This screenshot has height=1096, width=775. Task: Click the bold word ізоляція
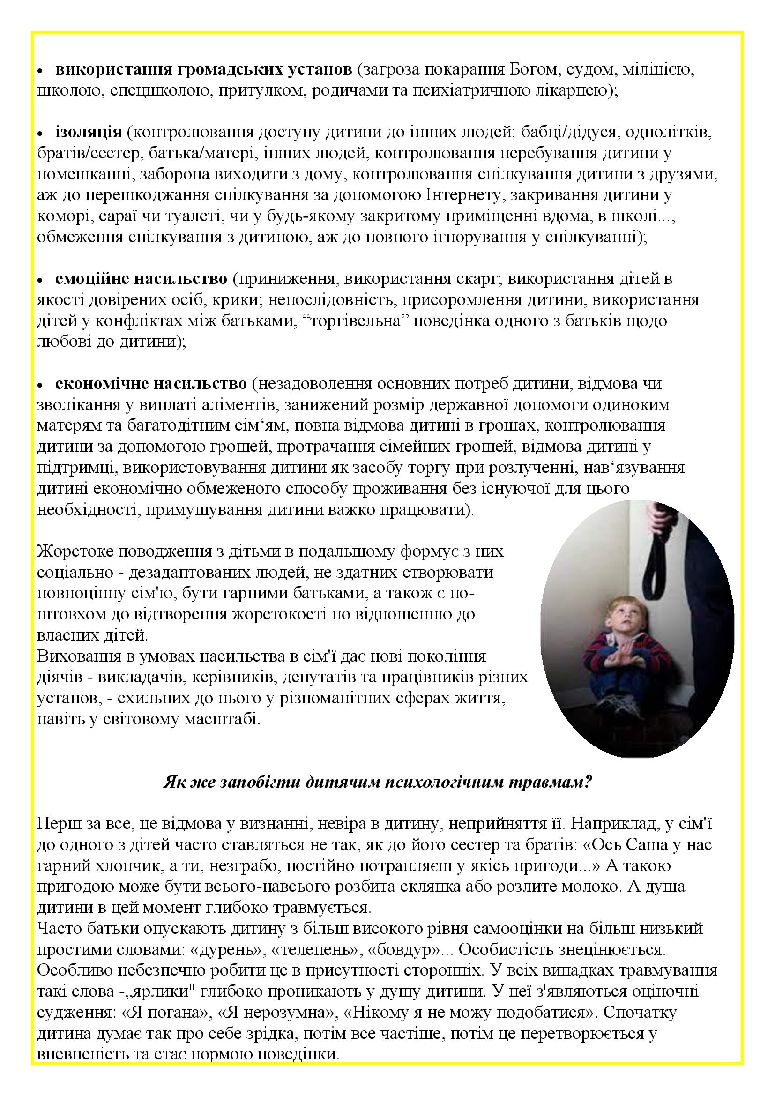89,132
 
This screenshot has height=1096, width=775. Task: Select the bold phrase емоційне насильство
141,278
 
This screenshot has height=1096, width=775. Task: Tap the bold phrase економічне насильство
151,383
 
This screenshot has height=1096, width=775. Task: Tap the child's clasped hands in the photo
619,655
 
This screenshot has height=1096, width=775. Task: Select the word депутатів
320,678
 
